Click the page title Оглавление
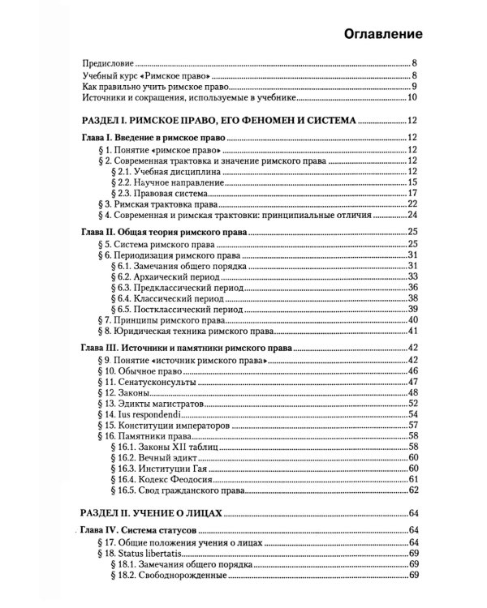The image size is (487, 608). [x=382, y=35]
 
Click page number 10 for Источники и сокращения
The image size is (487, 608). [x=412, y=98]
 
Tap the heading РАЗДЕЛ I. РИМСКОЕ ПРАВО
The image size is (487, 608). [x=219, y=121]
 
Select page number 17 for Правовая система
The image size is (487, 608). [x=412, y=194]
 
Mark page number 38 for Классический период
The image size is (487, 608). [x=412, y=298]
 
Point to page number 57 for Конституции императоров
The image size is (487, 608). [x=412, y=425]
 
